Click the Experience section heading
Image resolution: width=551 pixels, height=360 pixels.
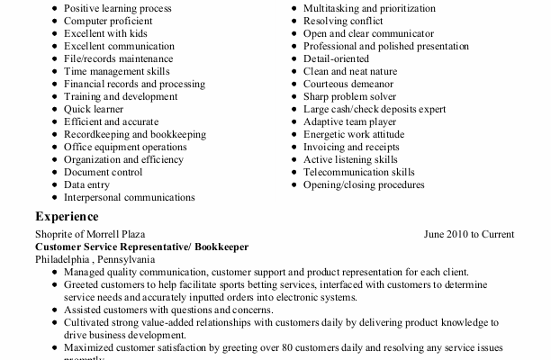coord(67,216)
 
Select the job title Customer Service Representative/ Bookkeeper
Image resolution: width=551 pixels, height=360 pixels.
coord(141,247)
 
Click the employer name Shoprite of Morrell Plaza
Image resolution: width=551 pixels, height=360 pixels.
coord(90,234)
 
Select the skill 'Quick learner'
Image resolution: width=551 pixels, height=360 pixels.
coord(93,109)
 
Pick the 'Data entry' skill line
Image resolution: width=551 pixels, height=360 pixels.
coord(86,184)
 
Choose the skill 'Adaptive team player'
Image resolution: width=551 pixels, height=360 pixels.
coord(351,121)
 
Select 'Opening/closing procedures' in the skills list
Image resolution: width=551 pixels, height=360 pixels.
coord(363,184)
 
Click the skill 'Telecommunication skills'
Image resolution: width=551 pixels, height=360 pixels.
coord(359,172)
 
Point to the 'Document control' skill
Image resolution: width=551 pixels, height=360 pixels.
coord(103,172)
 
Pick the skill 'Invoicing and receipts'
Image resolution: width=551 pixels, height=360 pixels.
coord(351,147)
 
